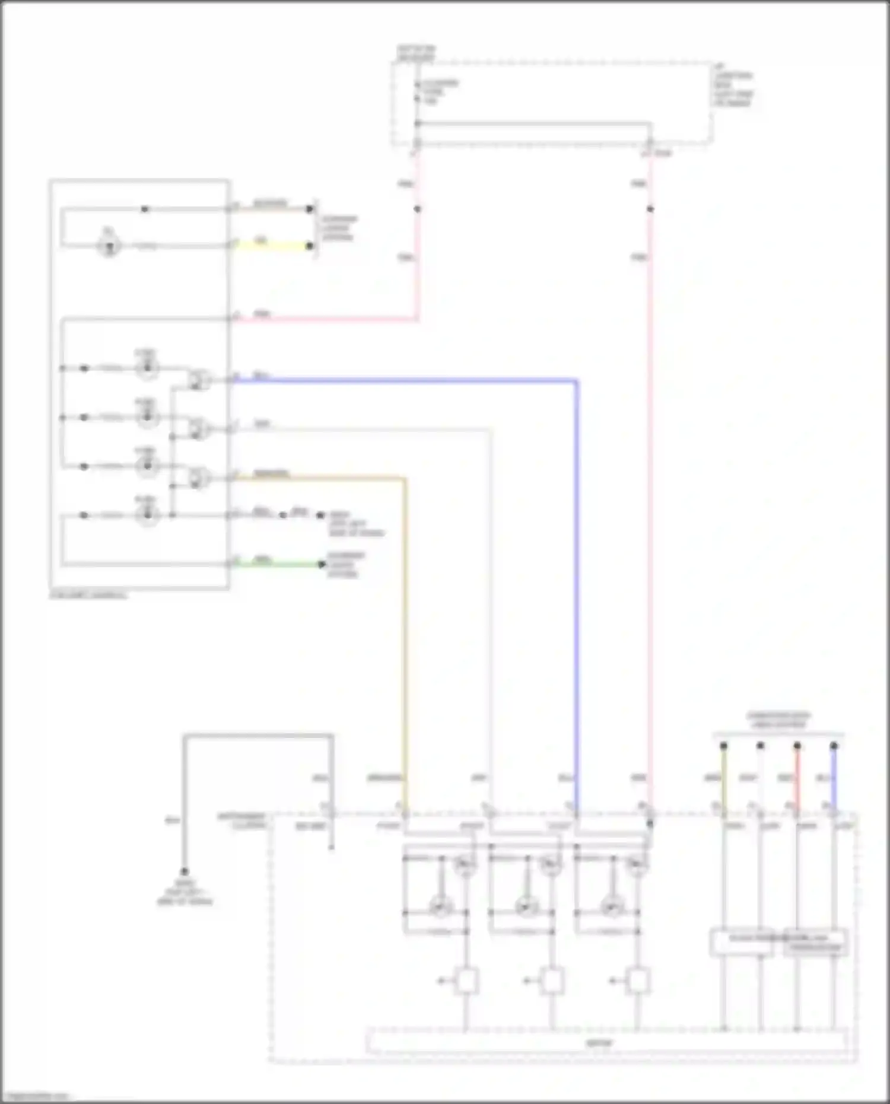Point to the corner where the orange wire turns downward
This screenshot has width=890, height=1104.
pos(405,478)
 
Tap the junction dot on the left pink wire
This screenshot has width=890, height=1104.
pos(417,209)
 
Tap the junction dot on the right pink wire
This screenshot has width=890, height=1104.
pos(650,209)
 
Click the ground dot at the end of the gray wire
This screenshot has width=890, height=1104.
pos(185,871)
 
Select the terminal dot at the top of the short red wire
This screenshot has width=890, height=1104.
pos(797,746)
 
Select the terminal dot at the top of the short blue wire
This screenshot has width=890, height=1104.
pos(834,746)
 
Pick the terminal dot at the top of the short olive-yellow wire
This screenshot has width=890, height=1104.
pos(723,746)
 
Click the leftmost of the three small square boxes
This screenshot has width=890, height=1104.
pos(466,981)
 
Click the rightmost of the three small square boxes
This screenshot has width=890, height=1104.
pos(638,981)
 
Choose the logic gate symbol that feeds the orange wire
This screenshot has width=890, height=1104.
pos(199,477)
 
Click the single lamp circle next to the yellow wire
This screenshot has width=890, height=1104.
pos(109,246)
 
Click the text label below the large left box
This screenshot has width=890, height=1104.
pos(89,595)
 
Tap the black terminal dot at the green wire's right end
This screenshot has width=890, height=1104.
pos(322,564)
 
